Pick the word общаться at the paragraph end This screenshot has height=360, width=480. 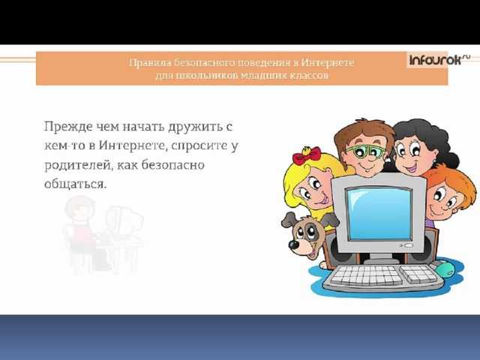(x=76, y=184)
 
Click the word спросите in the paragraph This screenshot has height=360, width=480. (x=198, y=146)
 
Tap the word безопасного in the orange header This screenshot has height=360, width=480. (x=205, y=63)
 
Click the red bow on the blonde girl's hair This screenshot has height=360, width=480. (x=306, y=155)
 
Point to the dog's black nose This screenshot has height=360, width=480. (x=295, y=244)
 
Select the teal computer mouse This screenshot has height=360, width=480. (x=445, y=269)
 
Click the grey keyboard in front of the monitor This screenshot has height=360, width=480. (x=383, y=277)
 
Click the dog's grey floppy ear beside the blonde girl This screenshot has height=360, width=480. (x=289, y=220)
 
